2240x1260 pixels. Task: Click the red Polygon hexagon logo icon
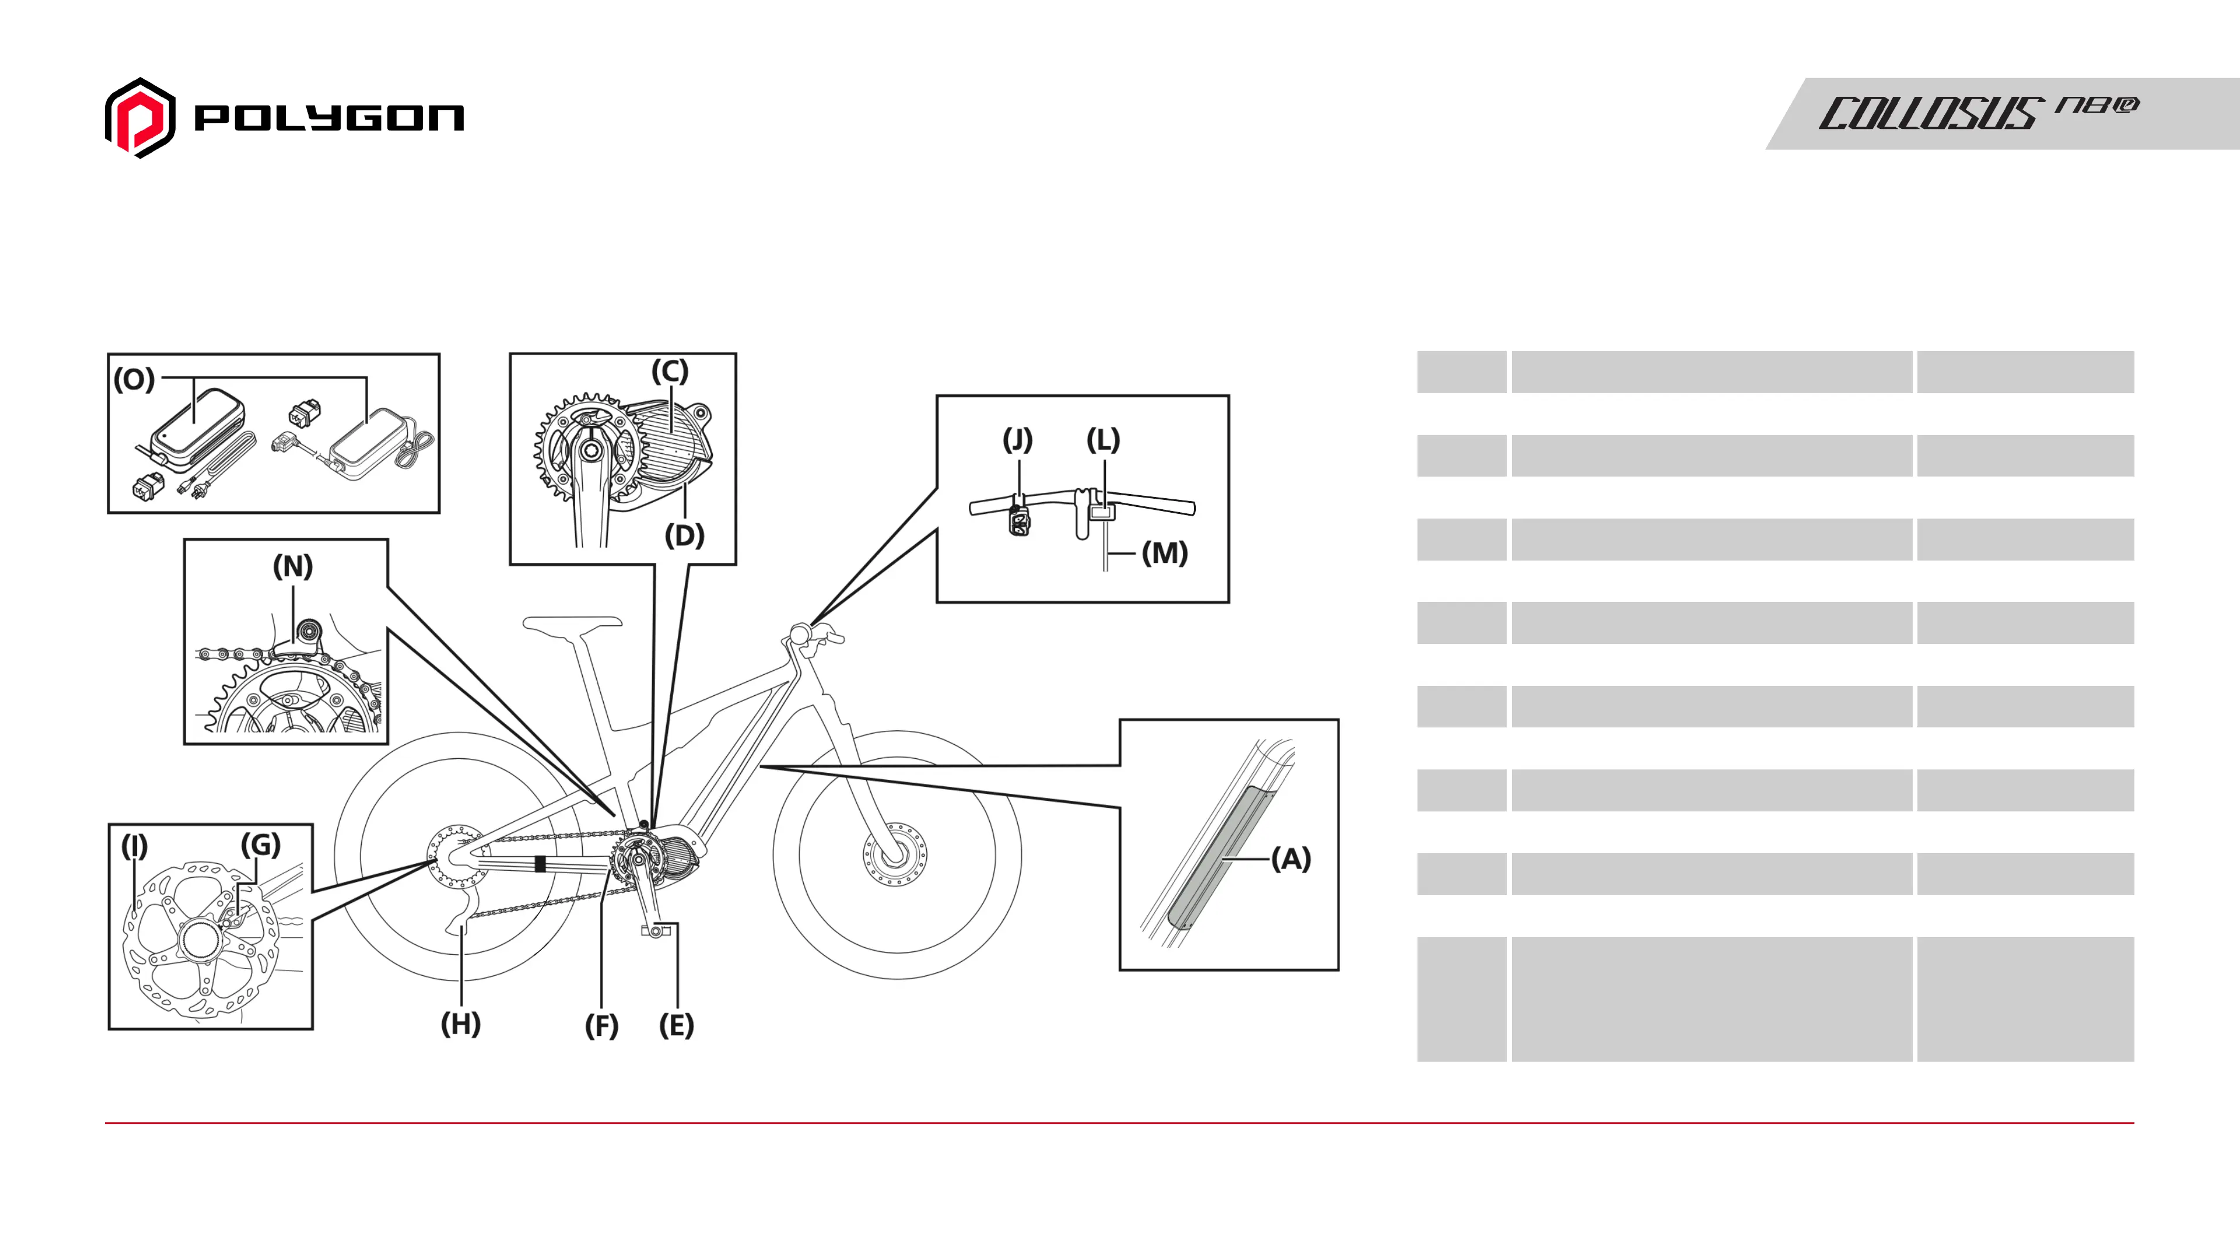(x=140, y=118)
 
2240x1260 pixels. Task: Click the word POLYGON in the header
(x=328, y=118)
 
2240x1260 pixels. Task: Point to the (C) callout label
(x=670, y=372)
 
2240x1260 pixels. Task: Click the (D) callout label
(x=684, y=535)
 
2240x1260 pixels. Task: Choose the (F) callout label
(x=601, y=1025)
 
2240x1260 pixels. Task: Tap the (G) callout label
(x=260, y=844)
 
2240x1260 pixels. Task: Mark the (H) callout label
(x=460, y=1024)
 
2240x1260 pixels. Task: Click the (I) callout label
(x=134, y=845)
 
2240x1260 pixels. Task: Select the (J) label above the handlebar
(x=1017, y=439)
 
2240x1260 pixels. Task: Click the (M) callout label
(x=1164, y=552)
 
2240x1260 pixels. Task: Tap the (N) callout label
(x=292, y=566)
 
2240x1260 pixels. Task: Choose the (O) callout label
(x=134, y=379)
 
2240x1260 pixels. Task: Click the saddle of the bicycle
(x=572, y=622)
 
